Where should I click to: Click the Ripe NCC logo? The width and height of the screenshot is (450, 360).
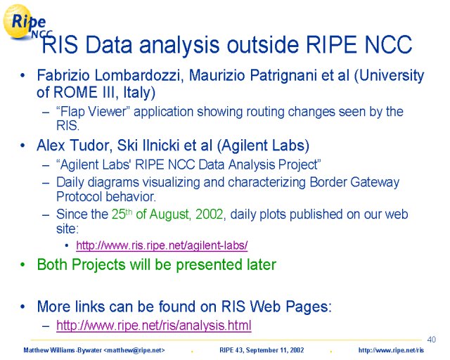click(27, 22)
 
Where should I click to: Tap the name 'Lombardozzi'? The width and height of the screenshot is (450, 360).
click(139, 75)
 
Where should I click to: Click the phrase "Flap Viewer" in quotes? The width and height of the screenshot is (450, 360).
click(93, 112)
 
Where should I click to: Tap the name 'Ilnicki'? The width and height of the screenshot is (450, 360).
click(157, 146)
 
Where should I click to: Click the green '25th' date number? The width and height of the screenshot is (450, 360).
click(122, 214)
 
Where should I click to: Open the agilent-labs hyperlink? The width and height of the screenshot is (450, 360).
click(162, 245)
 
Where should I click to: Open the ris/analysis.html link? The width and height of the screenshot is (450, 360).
click(154, 326)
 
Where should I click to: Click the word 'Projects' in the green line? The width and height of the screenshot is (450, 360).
click(98, 264)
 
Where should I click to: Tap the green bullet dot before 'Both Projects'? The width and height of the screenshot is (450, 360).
click(22, 264)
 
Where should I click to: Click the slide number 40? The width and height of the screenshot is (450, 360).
click(431, 340)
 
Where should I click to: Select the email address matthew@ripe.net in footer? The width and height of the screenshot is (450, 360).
click(134, 350)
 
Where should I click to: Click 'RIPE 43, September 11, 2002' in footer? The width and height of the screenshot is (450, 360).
click(262, 350)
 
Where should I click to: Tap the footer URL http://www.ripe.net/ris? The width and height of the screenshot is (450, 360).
click(391, 350)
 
